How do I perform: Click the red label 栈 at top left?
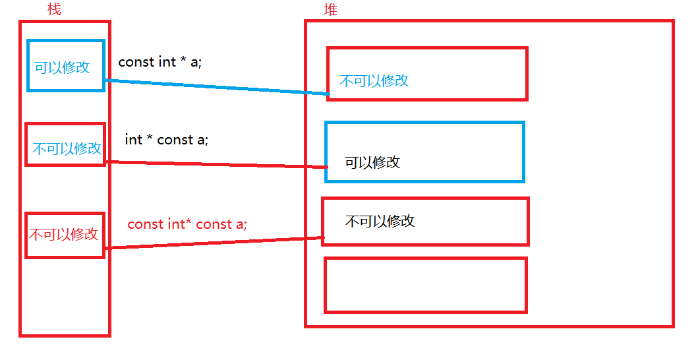54,9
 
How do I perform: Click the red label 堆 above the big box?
331,9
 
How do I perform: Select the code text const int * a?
160,62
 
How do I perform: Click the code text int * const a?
166,140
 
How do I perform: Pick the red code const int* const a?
187,224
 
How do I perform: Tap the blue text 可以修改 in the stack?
63,67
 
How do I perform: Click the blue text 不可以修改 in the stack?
67,149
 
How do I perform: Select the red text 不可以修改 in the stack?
63,235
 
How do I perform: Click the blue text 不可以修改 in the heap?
374,80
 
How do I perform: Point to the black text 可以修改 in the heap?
372,162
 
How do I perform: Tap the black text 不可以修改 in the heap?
380,221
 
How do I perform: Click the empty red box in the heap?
425,285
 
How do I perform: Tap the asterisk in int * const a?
150,140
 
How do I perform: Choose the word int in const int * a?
167,62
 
